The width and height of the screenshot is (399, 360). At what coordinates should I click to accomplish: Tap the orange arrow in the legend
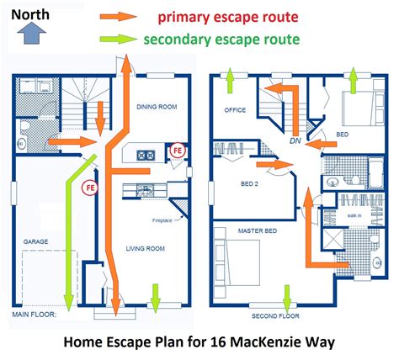click(115, 16)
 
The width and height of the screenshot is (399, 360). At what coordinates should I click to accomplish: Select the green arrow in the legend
click(115, 40)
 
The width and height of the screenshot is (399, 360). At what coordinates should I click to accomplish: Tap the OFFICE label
click(234, 110)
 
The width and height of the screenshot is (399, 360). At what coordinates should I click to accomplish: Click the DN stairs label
click(294, 140)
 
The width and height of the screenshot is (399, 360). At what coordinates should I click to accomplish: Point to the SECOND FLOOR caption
click(275, 316)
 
